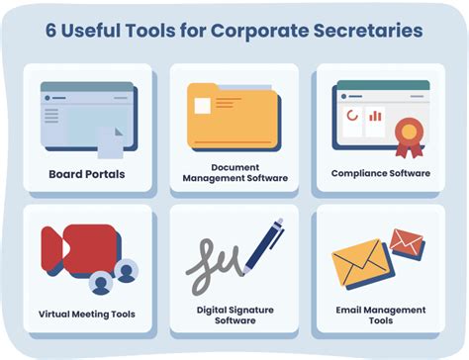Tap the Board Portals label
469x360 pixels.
point(87,174)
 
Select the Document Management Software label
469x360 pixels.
point(234,174)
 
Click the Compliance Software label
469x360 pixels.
point(381,173)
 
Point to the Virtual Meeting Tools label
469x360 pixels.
point(87,315)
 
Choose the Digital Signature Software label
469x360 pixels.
point(234,315)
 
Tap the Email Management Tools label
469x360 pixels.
point(381,315)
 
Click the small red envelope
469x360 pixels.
point(406,241)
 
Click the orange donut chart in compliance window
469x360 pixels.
point(351,117)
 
